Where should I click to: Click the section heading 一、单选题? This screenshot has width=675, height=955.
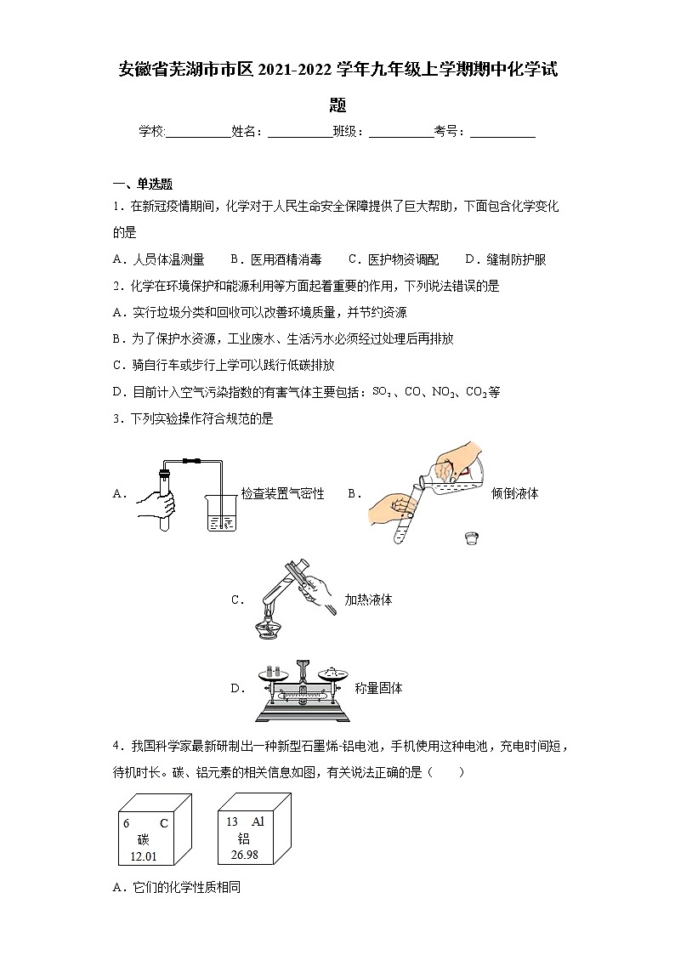[x=143, y=184]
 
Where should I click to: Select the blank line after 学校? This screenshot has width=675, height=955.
[x=198, y=132]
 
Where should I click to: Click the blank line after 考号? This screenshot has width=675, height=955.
[x=502, y=132]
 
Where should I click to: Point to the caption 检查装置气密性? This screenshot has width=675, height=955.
[x=282, y=493]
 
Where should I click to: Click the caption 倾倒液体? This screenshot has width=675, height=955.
[x=515, y=493]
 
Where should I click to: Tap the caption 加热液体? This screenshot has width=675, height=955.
[x=368, y=600]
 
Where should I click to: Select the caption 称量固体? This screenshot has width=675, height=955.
[x=379, y=688]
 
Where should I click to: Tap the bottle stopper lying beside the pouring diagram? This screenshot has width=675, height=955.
[x=469, y=537]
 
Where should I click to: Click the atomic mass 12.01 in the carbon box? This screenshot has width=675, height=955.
[x=144, y=856]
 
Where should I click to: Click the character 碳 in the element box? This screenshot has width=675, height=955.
[x=143, y=839]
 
